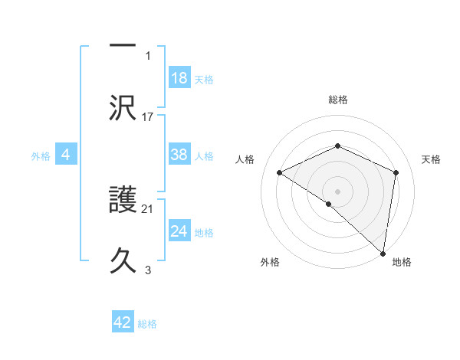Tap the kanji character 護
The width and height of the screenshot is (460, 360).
point(123,201)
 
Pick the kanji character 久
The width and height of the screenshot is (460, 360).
point(123,260)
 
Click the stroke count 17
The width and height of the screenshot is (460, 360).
point(149,117)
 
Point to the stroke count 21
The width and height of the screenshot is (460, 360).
point(149,208)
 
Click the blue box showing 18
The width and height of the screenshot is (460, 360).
point(179,78)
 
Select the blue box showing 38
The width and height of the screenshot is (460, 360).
point(179,155)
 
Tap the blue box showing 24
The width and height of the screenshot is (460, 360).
point(179,231)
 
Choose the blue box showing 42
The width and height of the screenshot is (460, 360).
point(123,322)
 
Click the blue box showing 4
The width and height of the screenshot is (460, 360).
point(66,155)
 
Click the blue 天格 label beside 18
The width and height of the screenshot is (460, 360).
point(204,79)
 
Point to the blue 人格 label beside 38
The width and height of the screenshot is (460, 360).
point(204,155)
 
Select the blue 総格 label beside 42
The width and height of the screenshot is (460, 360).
point(147,323)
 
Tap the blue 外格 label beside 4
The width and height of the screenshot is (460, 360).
point(41,155)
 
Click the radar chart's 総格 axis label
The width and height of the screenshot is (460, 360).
point(337,100)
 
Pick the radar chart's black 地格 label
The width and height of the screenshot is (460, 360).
point(402,262)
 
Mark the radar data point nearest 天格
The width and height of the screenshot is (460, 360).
point(396,172)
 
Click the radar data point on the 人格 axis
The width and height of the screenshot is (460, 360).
point(280,173)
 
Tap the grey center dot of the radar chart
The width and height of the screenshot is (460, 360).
point(337,191)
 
